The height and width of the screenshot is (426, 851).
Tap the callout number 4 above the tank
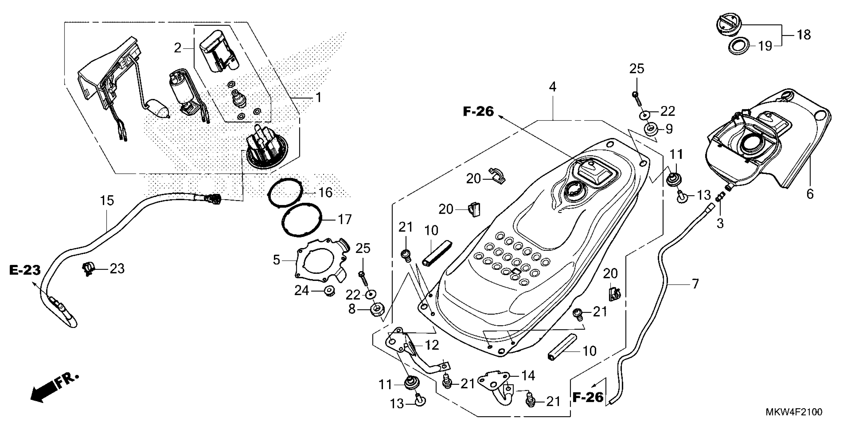point(552,87)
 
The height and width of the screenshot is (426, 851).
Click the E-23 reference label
point(25,270)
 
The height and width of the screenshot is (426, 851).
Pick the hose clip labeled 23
point(88,269)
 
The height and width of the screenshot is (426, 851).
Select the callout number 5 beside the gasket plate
point(276,260)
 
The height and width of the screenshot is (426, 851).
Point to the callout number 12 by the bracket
point(432,345)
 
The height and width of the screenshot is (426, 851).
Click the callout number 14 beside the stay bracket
point(528,375)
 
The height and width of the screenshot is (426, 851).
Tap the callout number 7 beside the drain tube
point(695,283)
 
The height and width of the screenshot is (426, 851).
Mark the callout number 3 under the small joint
point(720,224)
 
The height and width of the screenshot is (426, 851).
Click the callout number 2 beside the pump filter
point(178,48)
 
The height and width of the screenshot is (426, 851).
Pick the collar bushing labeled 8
point(377,310)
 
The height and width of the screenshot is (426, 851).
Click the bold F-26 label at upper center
point(478,112)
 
